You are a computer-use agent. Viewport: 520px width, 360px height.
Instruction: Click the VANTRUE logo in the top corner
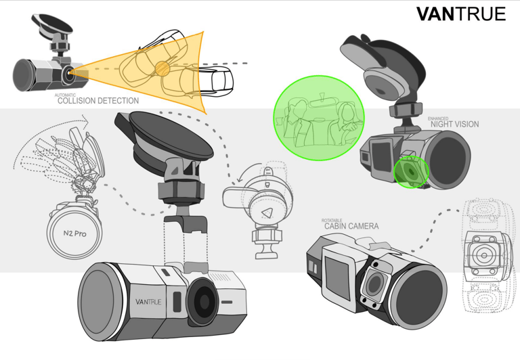[460, 14]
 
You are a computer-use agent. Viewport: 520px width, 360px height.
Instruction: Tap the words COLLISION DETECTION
[98, 101]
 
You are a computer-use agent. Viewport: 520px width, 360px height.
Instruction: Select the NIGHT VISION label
[455, 125]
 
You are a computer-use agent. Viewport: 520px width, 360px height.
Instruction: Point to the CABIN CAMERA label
[351, 226]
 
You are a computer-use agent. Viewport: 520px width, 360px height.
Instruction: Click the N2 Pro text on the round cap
[74, 233]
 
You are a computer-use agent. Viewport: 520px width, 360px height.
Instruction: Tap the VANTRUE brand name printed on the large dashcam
[148, 302]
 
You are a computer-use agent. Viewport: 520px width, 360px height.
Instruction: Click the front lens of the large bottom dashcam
[202, 301]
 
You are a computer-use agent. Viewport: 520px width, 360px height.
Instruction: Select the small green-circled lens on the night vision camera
[411, 172]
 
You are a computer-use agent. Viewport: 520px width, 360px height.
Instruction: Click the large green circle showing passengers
[319, 118]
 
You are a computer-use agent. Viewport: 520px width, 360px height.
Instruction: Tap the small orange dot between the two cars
[162, 68]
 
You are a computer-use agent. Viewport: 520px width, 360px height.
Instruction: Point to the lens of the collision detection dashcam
[68, 73]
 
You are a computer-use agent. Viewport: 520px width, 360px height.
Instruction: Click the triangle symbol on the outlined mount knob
[266, 212]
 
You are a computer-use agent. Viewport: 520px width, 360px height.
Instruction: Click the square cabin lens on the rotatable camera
[374, 284]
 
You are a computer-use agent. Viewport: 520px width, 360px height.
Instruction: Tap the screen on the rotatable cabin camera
[338, 278]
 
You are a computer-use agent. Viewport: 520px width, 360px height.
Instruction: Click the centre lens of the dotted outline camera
[483, 256]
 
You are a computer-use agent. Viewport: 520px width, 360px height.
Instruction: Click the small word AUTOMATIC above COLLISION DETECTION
[65, 95]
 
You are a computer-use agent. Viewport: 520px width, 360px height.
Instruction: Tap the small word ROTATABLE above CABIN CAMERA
[332, 221]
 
